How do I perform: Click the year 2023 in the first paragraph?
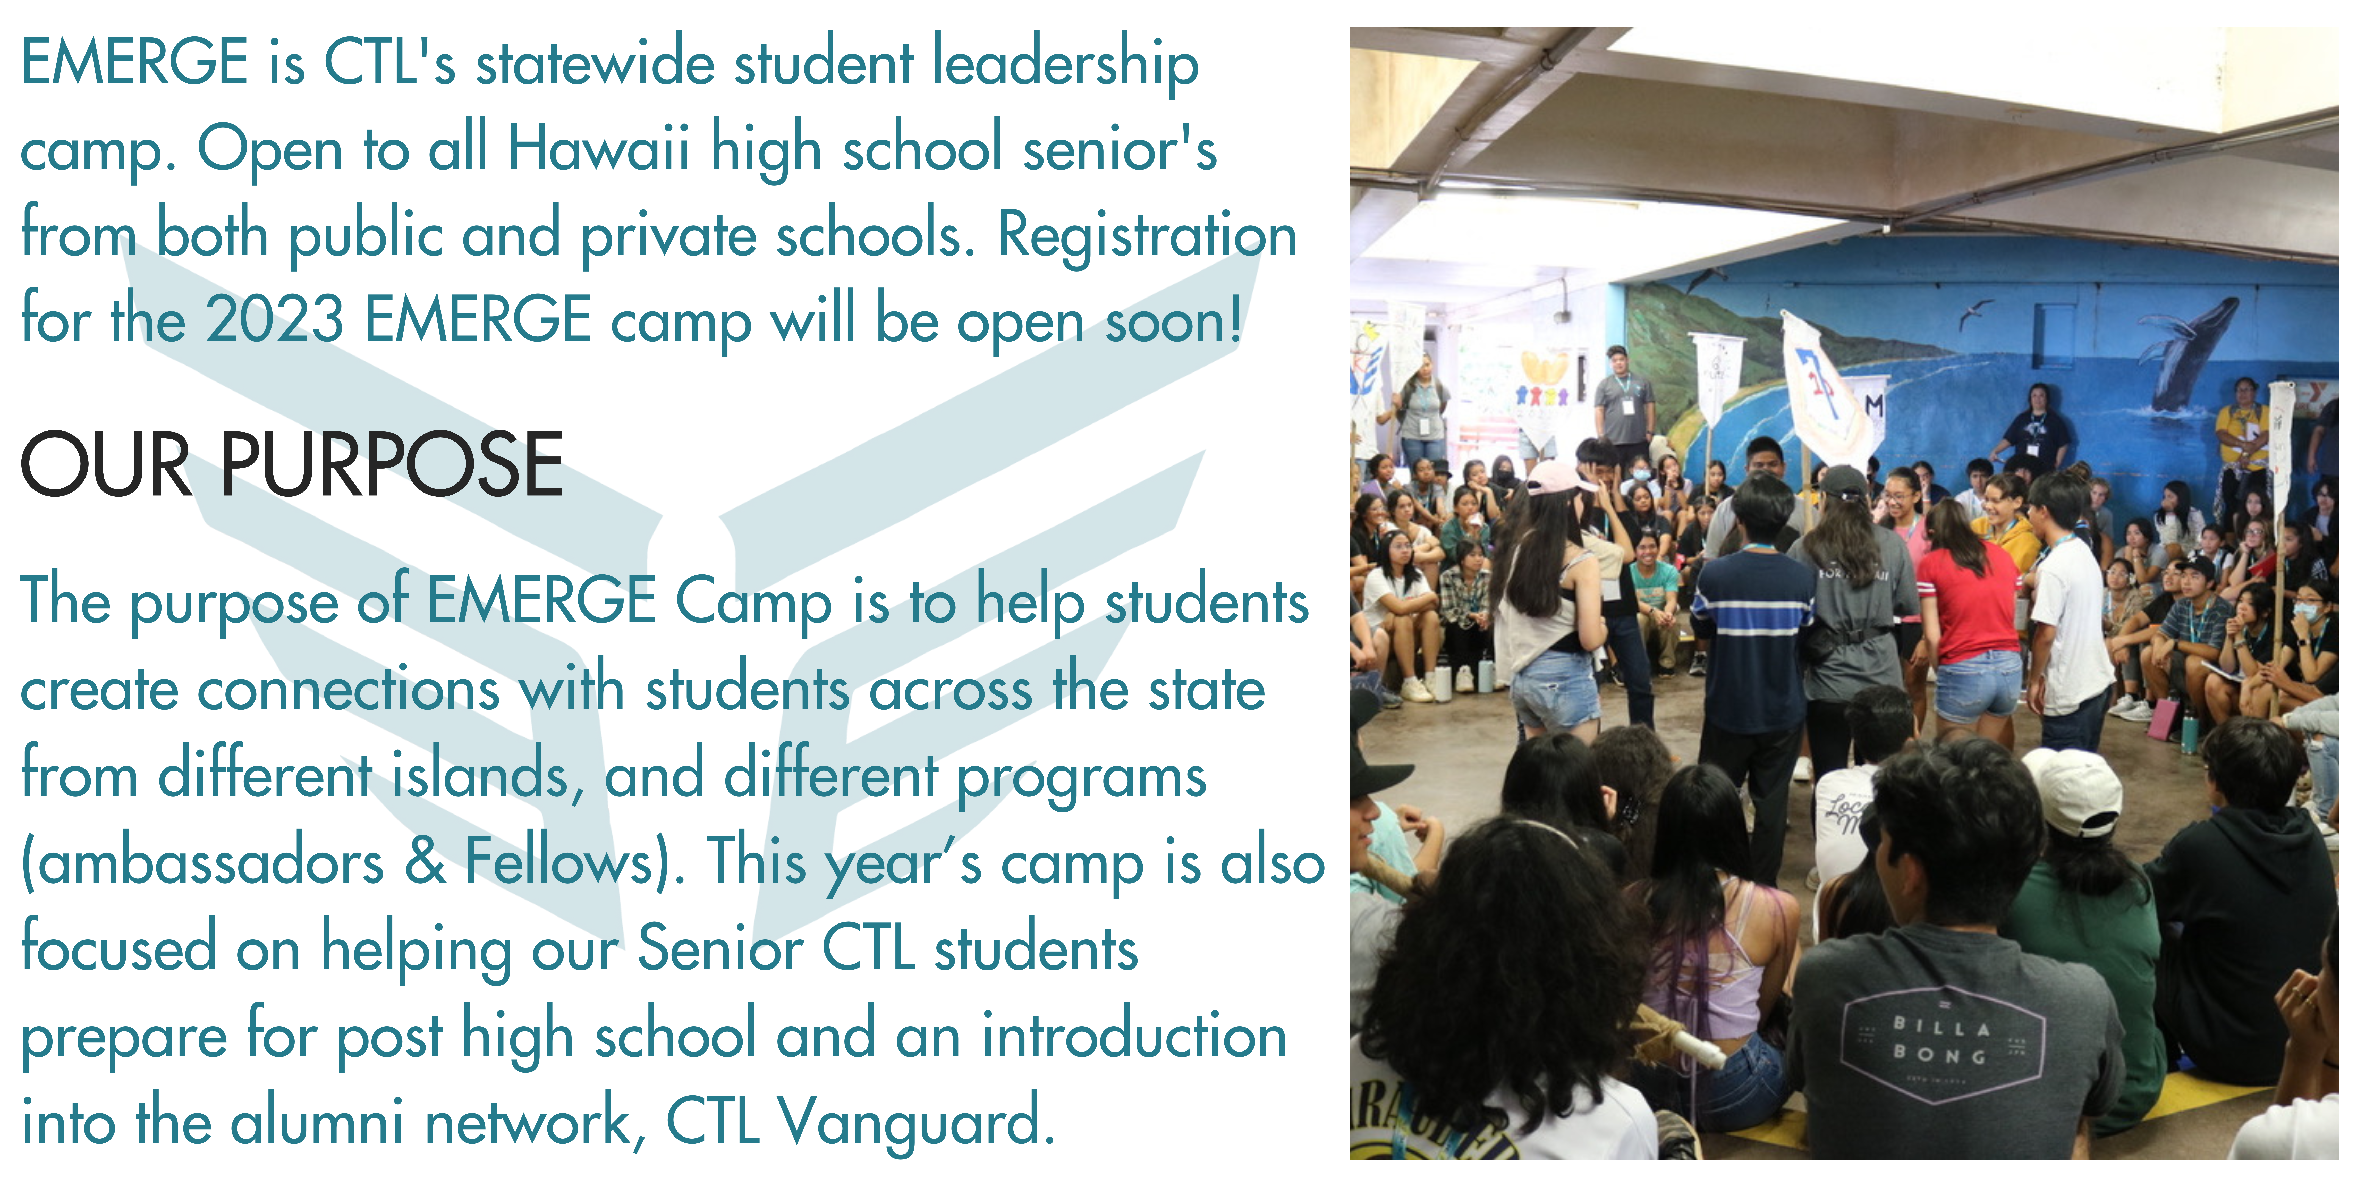pos(275,320)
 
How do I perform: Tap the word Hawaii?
pos(599,147)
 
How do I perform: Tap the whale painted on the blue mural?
pos(2193,355)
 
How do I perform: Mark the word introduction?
pos(1133,1035)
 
